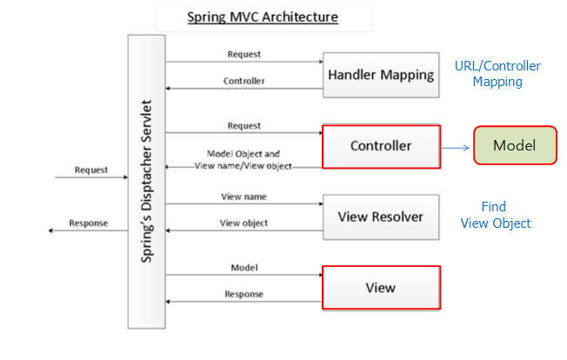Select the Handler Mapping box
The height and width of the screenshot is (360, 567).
(380, 75)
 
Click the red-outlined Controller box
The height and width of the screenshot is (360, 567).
(381, 145)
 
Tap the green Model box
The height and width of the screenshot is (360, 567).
(514, 145)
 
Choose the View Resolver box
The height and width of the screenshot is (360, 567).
(380, 216)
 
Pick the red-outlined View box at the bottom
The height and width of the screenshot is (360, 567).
(381, 287)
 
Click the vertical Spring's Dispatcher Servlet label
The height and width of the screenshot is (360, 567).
(146, 181)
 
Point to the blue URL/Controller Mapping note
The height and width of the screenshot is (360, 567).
(497, 74)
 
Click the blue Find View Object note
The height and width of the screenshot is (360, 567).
(495, 216)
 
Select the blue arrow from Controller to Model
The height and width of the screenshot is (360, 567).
(456, 147)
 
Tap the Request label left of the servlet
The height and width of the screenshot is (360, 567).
(91, 170)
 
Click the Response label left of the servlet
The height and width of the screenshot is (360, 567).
(90, 223)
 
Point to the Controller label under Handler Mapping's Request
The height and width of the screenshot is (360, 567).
(243, 81)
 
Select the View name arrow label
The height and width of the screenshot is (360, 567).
(243, 196)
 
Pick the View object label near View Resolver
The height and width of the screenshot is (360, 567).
(243, 223)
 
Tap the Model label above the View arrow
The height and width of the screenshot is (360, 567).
(243, 267)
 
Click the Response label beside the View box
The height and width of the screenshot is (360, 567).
(243, 294)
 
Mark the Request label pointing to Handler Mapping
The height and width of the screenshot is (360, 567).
(243, 54)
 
